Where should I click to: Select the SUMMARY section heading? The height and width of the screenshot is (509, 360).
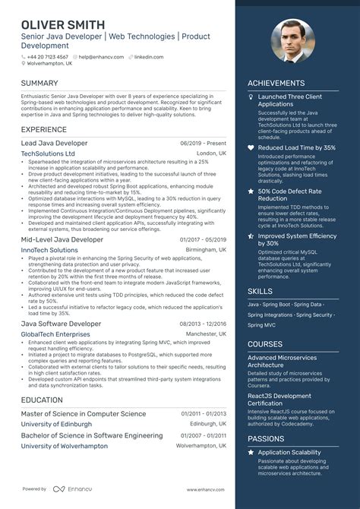pyautogui.click(x=39, y=83)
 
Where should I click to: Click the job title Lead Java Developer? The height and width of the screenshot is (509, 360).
pyautogui.click(x=54, y=143)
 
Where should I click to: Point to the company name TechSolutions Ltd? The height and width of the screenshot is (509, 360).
pyautogui.click(x=48, y=153)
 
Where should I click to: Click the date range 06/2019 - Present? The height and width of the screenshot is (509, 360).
pyautogui.click(x=203, y=143)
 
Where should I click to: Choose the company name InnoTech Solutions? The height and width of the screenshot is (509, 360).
pyautogui.click(x=49, y=250)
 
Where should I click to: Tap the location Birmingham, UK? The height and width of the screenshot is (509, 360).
pyautogui.click(x=205, y=250)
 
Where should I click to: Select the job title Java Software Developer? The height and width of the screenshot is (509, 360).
pyautogui.click(x=61, y=323)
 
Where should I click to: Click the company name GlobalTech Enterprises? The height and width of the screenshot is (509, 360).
pyautogui.click(x=55, y=334)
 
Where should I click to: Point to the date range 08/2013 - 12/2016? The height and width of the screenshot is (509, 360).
pyautogui.click(x=203, y=323)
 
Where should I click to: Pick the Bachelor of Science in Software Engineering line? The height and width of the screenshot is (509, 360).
pyautogui.click(x=92, y=435)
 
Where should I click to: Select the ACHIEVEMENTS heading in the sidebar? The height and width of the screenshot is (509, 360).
pyautogui.click(x=276, y=84)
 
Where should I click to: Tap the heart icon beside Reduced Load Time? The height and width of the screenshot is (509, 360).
pyautogui.click(x=251, y=147)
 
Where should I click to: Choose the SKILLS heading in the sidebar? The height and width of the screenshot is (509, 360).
pyautogui.click(x=260, y=291)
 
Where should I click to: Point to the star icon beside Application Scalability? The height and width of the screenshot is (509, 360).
pyautogui.click(x=251, y=453)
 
